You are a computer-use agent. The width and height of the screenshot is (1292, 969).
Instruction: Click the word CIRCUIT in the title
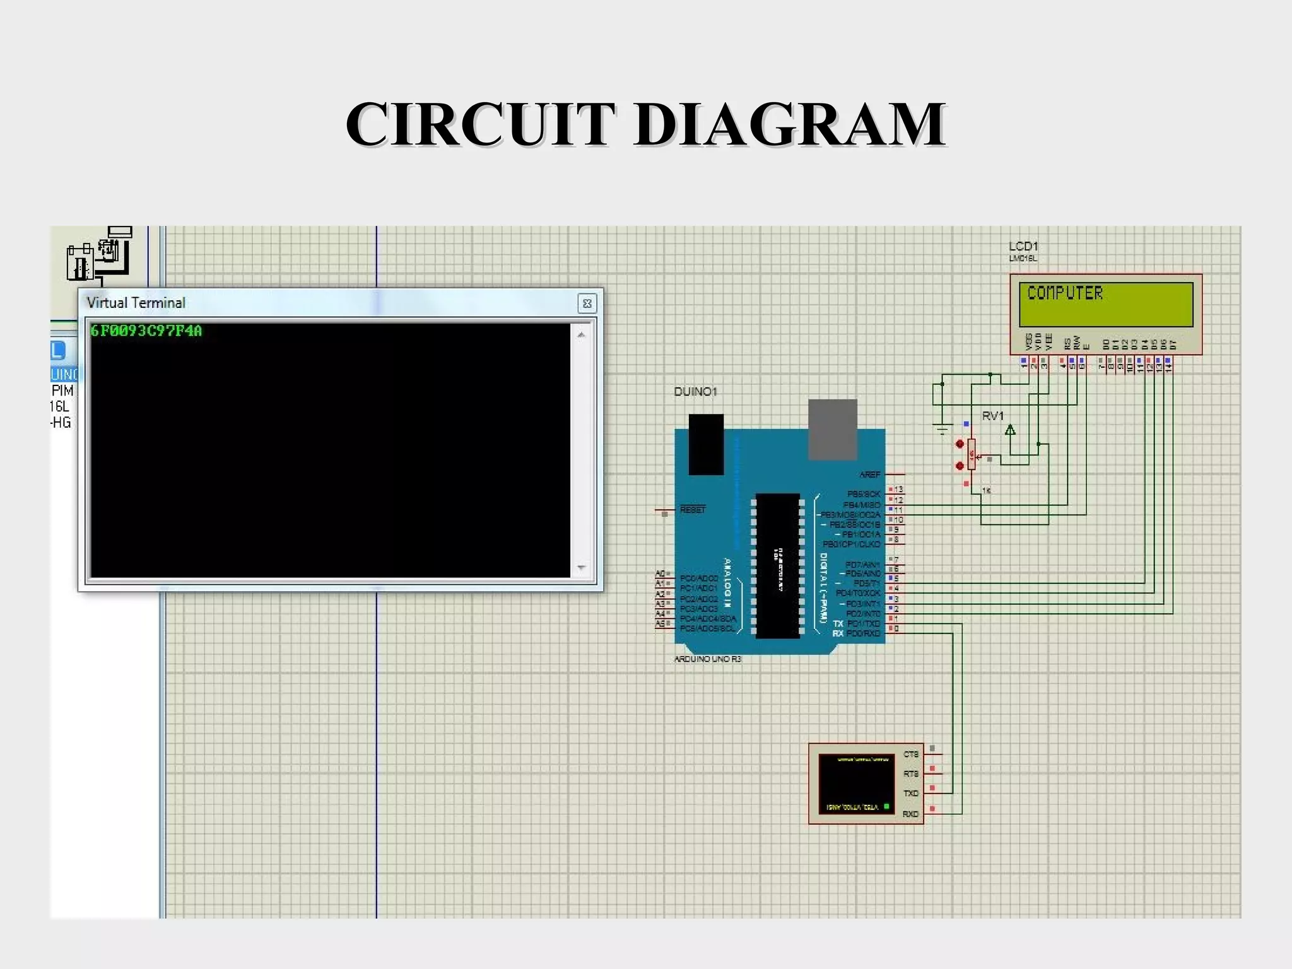click(x=479, y=124)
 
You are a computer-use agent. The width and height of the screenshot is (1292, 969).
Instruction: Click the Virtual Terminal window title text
click(x=136, y=303)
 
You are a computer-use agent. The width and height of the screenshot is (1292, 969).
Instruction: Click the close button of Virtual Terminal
click(x=587, y=303)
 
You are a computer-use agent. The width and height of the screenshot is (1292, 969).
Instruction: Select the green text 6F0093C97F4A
click(x=146, y=331)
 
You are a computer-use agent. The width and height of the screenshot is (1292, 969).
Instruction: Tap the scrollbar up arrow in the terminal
click(x=581, y=335)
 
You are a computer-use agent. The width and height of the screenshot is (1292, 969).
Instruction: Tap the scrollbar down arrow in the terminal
click(x=581, y=567)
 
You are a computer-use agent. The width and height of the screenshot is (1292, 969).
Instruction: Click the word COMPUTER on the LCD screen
click(x=1065, y=293)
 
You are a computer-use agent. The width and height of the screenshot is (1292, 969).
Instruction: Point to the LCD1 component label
click(x=1023, y=246)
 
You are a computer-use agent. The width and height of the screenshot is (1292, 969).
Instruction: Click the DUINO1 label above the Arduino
click(x=695, y=391)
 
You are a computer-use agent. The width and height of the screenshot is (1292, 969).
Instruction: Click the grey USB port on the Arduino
click(x=833, y=429)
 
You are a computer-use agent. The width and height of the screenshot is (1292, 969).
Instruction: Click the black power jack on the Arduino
click(x=706, y=444)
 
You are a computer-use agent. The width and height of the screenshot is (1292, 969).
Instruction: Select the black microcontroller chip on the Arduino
click(x=777, y=565)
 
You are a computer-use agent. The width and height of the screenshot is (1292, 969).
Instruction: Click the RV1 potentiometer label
click(x=992, y=416)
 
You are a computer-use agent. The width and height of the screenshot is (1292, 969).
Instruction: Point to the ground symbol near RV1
click(x=942, y=430)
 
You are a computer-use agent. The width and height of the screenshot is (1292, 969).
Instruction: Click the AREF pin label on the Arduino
click(x=869, y=474)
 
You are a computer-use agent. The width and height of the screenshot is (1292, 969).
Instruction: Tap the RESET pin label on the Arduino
click(x=693, y=509)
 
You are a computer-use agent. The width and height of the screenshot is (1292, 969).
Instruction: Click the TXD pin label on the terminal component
click(x=910, y=793)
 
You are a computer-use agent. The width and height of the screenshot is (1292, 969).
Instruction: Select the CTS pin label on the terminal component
click(x=910, y=754)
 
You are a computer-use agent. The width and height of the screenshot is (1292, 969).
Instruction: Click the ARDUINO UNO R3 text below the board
click(x=707, y=659)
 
